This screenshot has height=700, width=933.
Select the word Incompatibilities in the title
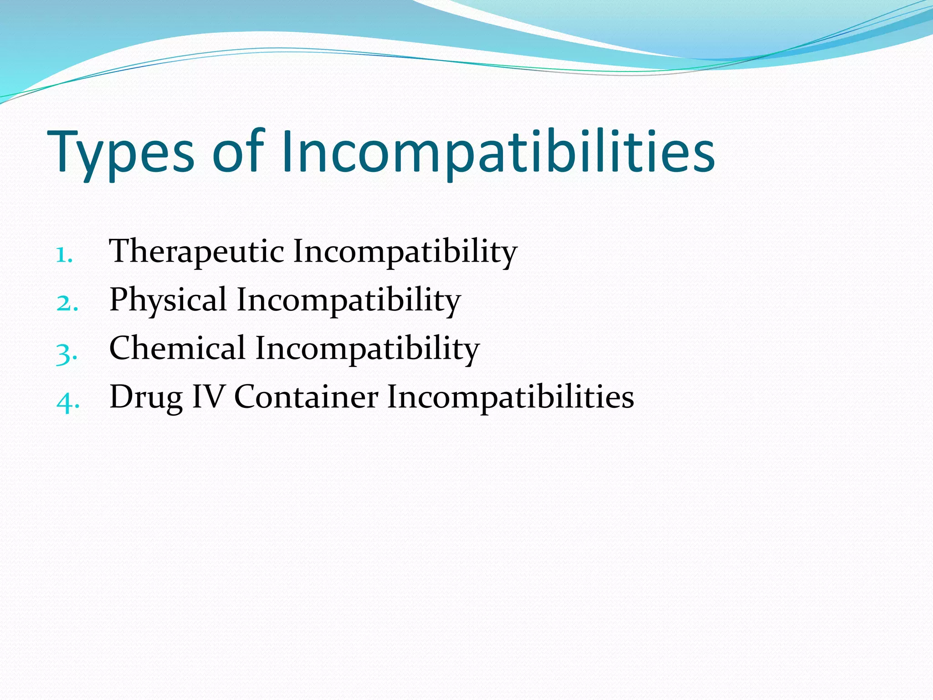(498, 153)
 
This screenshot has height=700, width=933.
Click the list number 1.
(64, 255)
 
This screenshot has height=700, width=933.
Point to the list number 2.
(67, 304)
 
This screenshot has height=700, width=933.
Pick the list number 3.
(67, 353)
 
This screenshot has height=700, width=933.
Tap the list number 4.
(68, 401)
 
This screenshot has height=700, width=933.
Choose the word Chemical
(178, 349)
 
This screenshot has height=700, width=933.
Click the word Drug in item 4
(146, 397)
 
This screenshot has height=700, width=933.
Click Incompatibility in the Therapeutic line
(405, 252)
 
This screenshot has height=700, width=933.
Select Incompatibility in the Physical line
(349, 300)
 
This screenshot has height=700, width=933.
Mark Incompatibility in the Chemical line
(367, 349)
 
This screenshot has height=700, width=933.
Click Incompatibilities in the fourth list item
(510, 397)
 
